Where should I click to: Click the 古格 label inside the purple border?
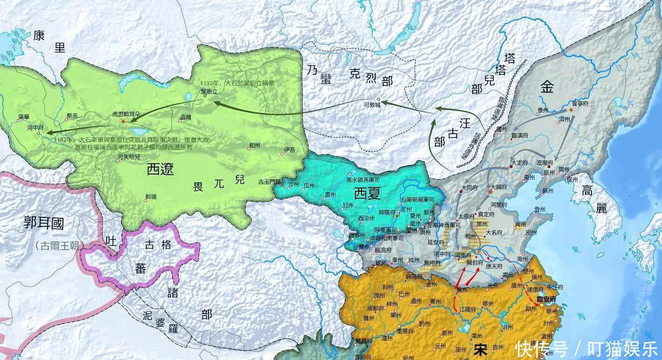click(x=157, y=245)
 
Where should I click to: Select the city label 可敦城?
click(x=372, y=106)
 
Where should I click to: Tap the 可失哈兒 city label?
click(x=128, y=157)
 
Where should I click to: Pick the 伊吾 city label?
click(x=289, y=150)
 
